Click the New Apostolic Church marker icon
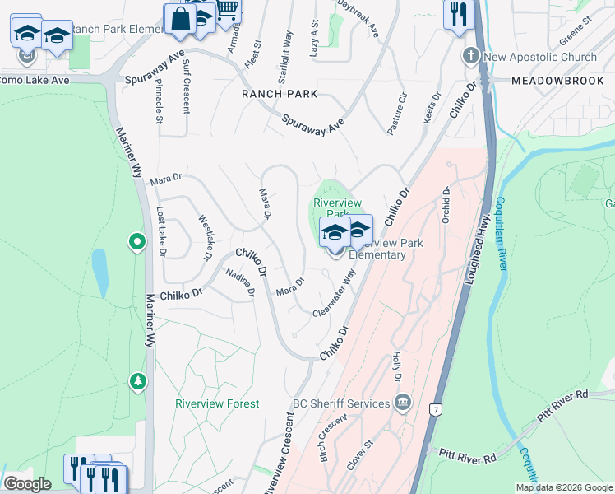point(470,57)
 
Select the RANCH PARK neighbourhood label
point(280,94)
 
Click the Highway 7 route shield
point(435,409)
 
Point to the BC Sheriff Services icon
point(401,403)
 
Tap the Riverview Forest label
point(217,403)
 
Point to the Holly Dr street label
point(397,367)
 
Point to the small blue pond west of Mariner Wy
point(99,273)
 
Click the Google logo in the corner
point(27,484)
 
